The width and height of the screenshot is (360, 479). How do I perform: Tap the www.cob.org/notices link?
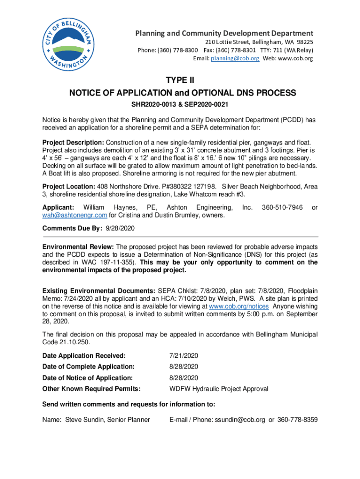238,306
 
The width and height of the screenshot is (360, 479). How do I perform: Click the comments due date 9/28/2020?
120,228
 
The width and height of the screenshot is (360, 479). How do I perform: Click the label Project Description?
73,142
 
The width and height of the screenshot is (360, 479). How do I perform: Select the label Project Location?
69,186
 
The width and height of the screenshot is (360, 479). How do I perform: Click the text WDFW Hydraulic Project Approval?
218,389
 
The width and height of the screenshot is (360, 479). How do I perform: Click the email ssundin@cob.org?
240,420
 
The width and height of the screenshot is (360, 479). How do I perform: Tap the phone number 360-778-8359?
297,420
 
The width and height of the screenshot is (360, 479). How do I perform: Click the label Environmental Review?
78,247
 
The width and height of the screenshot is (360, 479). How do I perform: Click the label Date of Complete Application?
88,366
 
